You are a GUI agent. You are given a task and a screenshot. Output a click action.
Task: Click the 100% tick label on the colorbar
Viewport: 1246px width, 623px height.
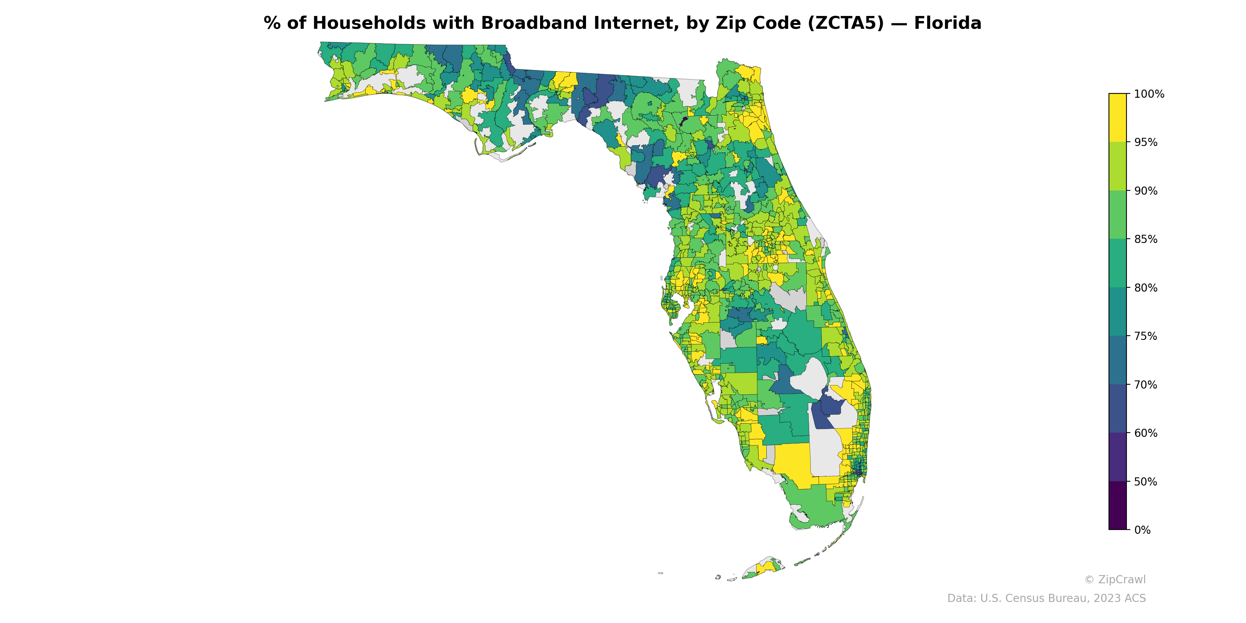pos(1149,94)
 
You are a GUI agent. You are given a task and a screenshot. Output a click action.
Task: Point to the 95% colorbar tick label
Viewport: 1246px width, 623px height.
pos(1146,143)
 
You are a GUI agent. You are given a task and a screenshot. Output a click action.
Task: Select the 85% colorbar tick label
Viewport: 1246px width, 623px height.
pos(1146,239)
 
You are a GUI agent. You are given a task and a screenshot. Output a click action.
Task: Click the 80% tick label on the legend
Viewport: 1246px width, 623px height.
pos(1146,288)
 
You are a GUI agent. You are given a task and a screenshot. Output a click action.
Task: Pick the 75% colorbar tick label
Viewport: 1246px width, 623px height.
pos(1146,336)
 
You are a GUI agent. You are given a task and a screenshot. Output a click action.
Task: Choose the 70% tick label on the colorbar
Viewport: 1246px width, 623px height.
pos(1146,385)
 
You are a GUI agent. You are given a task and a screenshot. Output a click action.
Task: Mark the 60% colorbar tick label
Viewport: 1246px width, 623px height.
pos(1146,433)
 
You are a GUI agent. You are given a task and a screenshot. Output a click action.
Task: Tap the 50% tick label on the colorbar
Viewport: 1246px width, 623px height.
pos(1146,482)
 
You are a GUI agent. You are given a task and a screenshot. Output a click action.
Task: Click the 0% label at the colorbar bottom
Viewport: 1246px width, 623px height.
pos(1142,530)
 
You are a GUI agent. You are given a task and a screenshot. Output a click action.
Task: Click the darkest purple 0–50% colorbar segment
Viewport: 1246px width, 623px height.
pos(1118,505)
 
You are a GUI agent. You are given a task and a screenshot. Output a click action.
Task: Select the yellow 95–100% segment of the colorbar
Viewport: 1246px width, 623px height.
pos(1118,118)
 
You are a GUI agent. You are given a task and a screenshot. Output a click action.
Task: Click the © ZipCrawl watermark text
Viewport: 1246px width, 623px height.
pos(1115,579)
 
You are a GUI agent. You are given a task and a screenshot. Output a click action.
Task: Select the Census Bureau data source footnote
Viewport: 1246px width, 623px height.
pos(1046,598)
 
